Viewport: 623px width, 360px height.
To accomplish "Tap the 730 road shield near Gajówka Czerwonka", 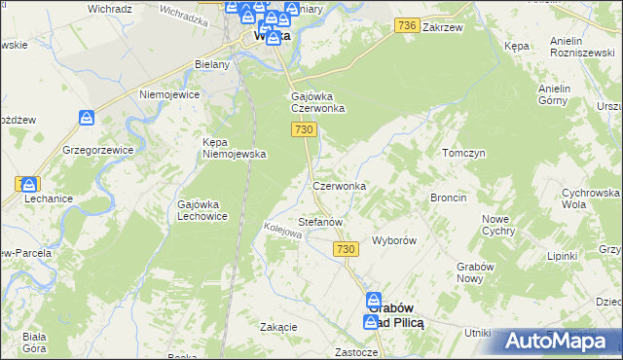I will (x=302, y=130).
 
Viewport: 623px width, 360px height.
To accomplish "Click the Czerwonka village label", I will (x=339, y=186).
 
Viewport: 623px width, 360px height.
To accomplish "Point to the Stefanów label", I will (x=320, y=222).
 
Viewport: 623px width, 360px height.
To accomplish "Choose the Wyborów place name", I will (x=395, y=240).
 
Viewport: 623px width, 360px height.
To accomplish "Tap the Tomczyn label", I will (x=463, y=154).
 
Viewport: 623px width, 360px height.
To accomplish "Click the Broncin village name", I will (x=449, y=198).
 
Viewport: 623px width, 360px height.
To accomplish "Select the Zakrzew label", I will (x=444, y=29).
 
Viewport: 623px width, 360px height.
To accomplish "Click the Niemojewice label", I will (x=169, y=95).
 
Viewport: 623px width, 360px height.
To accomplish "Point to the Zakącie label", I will (x=278, y=327).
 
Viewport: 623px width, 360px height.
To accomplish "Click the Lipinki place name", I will (x=562, y=256).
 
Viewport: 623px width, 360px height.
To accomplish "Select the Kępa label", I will (x=517, y=46).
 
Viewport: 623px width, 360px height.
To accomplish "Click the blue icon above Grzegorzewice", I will (x=87, y=119).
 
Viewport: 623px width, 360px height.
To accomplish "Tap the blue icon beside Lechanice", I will (x=30, y=183).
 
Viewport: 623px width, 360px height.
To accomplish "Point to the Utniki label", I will (x=478, y=333).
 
